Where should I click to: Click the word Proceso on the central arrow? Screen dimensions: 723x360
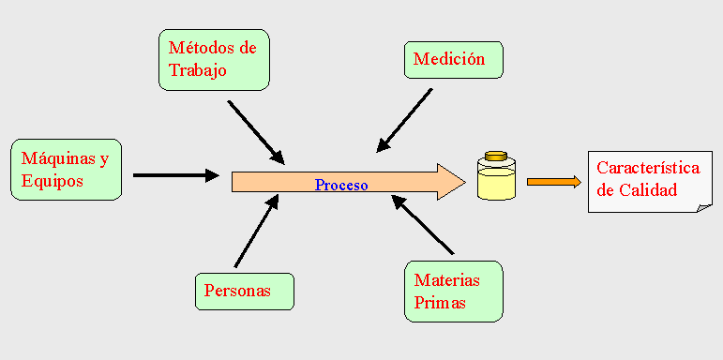341,186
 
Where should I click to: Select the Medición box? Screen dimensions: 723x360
454,59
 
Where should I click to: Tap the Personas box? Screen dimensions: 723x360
245,292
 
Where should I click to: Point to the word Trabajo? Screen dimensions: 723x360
197,70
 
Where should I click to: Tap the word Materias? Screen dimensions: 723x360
446,280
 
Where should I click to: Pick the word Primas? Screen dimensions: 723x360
440,303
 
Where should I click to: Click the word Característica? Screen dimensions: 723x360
648,168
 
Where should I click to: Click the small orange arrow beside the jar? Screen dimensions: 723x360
554,182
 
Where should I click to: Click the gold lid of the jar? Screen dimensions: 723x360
496,156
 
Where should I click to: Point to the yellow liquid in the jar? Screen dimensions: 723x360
496,184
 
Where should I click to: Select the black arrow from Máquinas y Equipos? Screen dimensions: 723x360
176,175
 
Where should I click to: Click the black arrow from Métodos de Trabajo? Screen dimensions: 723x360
256,132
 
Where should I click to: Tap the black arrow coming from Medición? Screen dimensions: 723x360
404,120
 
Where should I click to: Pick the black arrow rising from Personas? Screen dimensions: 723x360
256,231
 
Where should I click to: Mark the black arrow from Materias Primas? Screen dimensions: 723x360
423,224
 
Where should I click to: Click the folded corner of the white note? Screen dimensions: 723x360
704,207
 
